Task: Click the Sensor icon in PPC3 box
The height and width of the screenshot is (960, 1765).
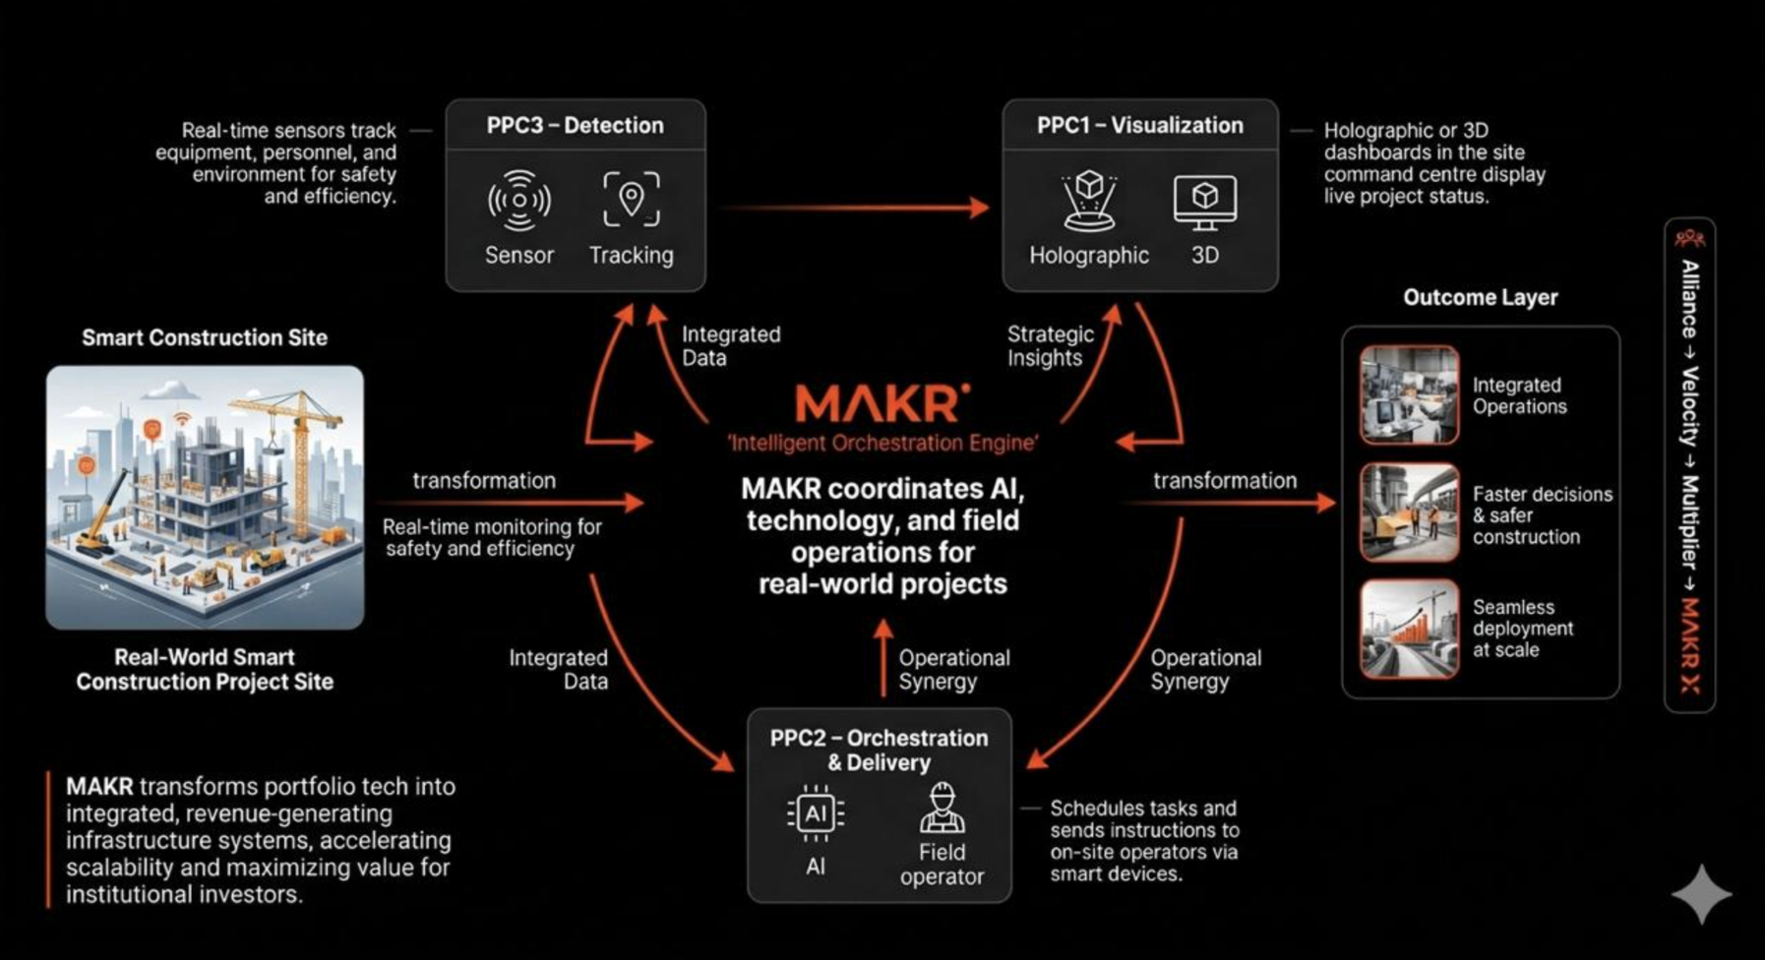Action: [x=518, y=201]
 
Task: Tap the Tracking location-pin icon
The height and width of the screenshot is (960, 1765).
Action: [x=631, y=199]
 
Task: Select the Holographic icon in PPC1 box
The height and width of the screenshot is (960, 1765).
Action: [x=1088, y=202]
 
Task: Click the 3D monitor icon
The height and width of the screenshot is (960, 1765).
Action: [x=1204, y=201]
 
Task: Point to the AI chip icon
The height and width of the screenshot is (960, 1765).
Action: [x=816, y=813]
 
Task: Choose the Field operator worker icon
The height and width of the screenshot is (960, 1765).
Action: [x=942, y=809]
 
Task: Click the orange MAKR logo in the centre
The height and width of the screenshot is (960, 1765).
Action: [x=882, y=403]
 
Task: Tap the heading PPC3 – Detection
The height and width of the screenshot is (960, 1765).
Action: [x=575, y=126]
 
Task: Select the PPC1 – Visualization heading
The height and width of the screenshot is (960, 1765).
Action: [x=1139, y=126]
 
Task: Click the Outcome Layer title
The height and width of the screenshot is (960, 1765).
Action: [x=1480, y=297]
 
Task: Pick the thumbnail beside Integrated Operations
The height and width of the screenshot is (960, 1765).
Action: [x=1409, y=395]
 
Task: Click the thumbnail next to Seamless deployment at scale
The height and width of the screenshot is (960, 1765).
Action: [x=1409, y=629]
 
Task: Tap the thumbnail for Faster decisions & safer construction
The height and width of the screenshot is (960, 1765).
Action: [x=1409, y=512]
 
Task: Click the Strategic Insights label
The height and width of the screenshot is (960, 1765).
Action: [x=1049, y=346]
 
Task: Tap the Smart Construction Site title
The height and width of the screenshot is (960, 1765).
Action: [x=205, y=337]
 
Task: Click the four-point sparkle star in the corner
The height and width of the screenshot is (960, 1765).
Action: [x=1701, y=893]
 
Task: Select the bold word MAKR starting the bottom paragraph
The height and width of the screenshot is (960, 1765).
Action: [x=98, y=787]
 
